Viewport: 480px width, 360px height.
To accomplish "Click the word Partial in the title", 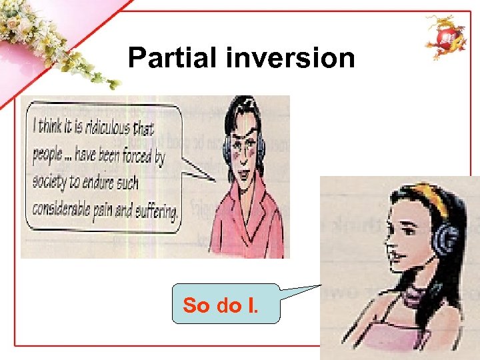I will coord(173,58).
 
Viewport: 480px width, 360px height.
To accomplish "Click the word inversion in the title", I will coord(291,58).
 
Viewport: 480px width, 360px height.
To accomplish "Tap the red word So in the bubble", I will coord(196,306).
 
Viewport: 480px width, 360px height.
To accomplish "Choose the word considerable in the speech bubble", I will coord(66,213).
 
